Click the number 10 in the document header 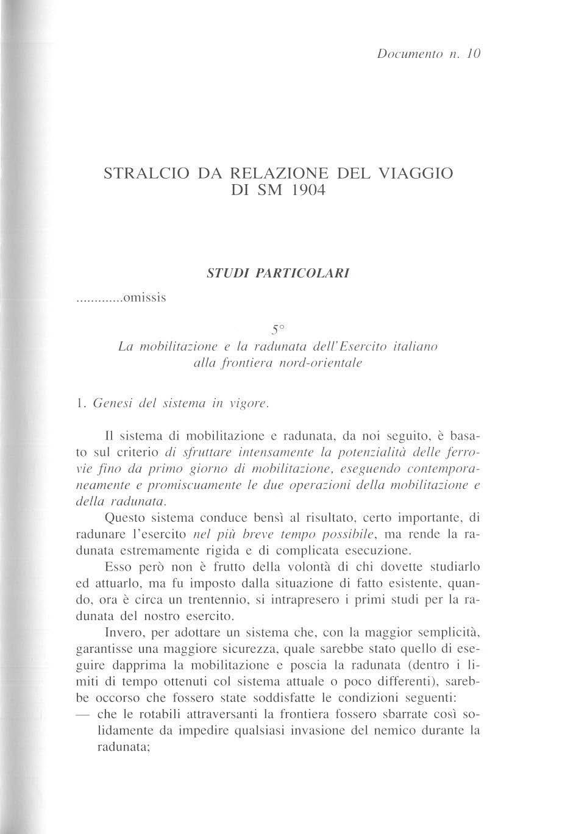pyautogui.click(x=475, y=54)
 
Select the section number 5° pyautogui.click(x=278, y=330)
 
